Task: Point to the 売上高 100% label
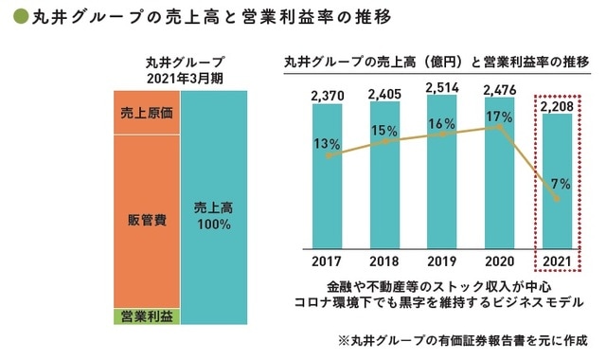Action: [213, 216]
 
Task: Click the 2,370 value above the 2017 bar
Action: [328, 96]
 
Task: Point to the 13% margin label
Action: [328, 144]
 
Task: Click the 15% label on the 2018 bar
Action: [385, 131]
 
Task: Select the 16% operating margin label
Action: [443, 124]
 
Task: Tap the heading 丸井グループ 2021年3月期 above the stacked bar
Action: [179, 70]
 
